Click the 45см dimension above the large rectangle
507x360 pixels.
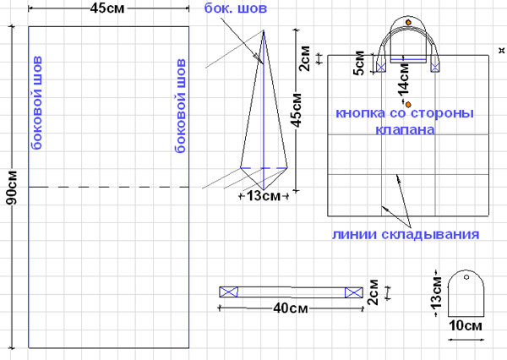point(107,10)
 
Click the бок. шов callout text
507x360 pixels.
point(239,9)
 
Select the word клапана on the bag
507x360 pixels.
point(405,130)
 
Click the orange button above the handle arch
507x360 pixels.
point(409,22)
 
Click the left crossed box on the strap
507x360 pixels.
point(228,292)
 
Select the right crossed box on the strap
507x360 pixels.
point(352,292)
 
